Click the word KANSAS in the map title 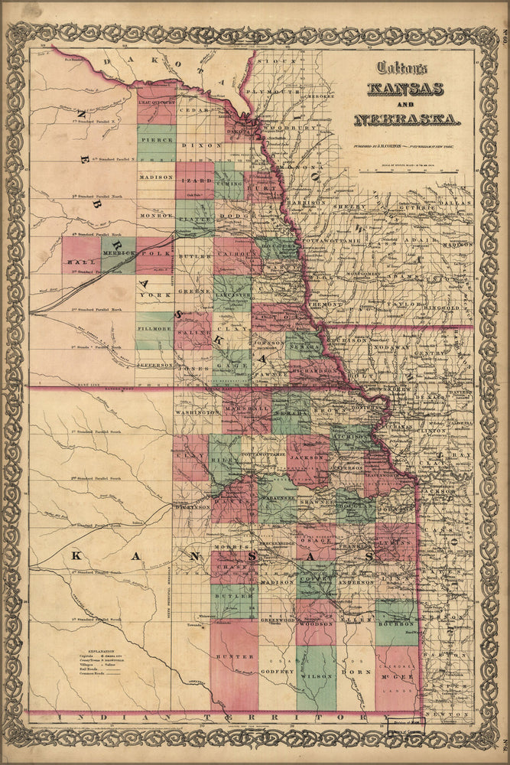[x=405, y=88]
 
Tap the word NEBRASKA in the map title [x=407, y=119]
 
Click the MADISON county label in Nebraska [x=156, y=177]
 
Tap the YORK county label [x=155, y=295]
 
